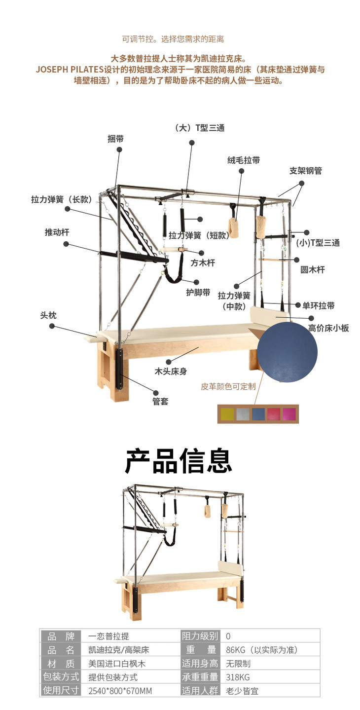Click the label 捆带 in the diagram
tap(115, 139)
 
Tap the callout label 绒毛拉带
tap(243, 160)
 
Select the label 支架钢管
tap(305, 171)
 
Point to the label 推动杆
tap(57, 232)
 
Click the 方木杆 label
tap(203, 263)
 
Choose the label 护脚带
tap(198, 292)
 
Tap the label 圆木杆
tap(313, 270)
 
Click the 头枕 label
tap(48, 315)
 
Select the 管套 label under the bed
tap(160, 401)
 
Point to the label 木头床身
tap(171, 372)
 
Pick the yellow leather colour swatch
tap(228, 414)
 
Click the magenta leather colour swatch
tap(289, 414)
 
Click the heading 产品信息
tap(179, 461)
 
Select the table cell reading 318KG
tap(238, 677)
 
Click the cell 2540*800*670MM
tap(120, 691)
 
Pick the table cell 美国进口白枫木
tap(117, 664)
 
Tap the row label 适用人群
tap(200, 691)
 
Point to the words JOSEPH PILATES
tap(69, 69)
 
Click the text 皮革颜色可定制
tap(228, 386)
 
